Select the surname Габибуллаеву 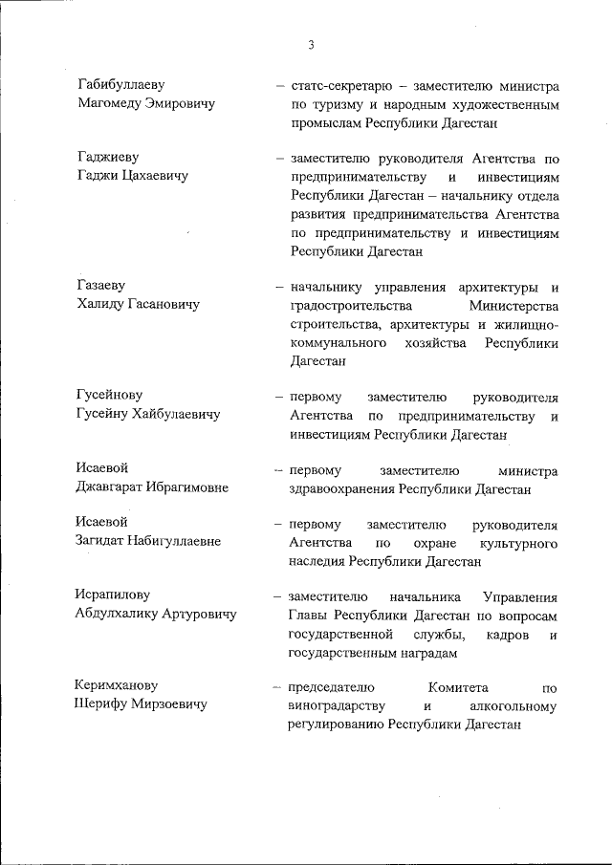(120, 84)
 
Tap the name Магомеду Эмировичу (145, 104)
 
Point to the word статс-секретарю (335, 84)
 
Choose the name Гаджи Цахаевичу (132, 176)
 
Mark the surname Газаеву (100, 285)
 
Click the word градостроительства (350, 305)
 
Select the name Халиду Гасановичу (137, 305)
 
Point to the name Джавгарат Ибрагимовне (152, 487)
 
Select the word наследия (317, 561)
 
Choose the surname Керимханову (116, 685)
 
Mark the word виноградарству (337, 705)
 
